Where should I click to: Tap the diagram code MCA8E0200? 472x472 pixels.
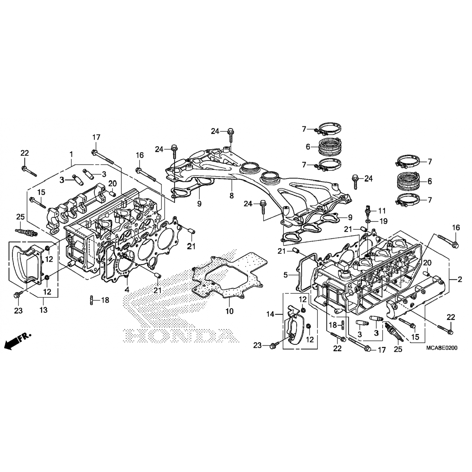click(442, 348)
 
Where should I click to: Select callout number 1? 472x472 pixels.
click(71, 154)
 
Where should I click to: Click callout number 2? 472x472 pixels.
click(460, 279)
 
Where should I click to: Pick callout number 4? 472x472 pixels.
click(127, 289)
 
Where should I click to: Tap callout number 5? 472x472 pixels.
click(285, 275)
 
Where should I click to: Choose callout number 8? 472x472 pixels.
click(232, 196)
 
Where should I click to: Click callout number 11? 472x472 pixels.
click(382, 211)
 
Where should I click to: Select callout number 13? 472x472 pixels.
click(43, 310)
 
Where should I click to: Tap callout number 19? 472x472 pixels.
click(383, 222)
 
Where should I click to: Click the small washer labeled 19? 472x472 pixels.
click(369, 221)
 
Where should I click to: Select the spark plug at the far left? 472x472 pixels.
click(26, 233)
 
